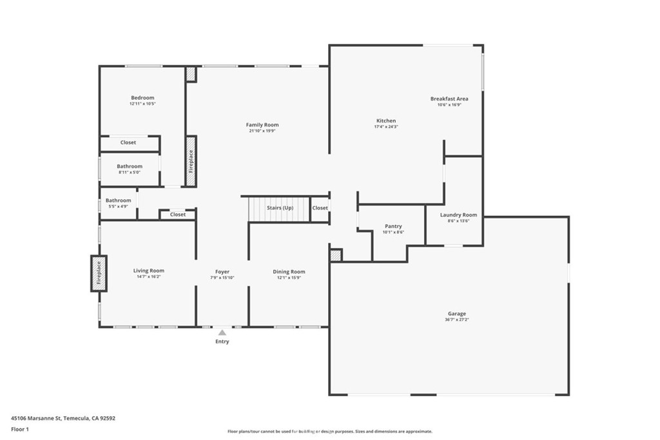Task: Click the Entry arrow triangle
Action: [222, 332]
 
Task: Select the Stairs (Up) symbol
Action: [280, 209]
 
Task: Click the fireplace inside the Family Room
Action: [191, 161]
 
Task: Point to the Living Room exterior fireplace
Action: [99, 273]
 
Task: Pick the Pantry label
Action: [393, 226]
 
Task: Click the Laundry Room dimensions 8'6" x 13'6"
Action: [458, 220]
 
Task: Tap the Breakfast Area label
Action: [449, 99]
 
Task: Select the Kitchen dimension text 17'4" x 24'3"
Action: [386, 126]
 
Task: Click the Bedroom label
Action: [142, 98]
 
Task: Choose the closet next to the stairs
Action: [320, 208]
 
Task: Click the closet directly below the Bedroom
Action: [128, 142]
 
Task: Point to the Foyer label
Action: [222, 272]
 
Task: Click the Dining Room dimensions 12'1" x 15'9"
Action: [289, 278]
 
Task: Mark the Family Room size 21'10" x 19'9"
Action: [262, 130]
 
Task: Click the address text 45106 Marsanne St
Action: [36, 418]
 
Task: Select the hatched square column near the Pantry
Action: [335, 256]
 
